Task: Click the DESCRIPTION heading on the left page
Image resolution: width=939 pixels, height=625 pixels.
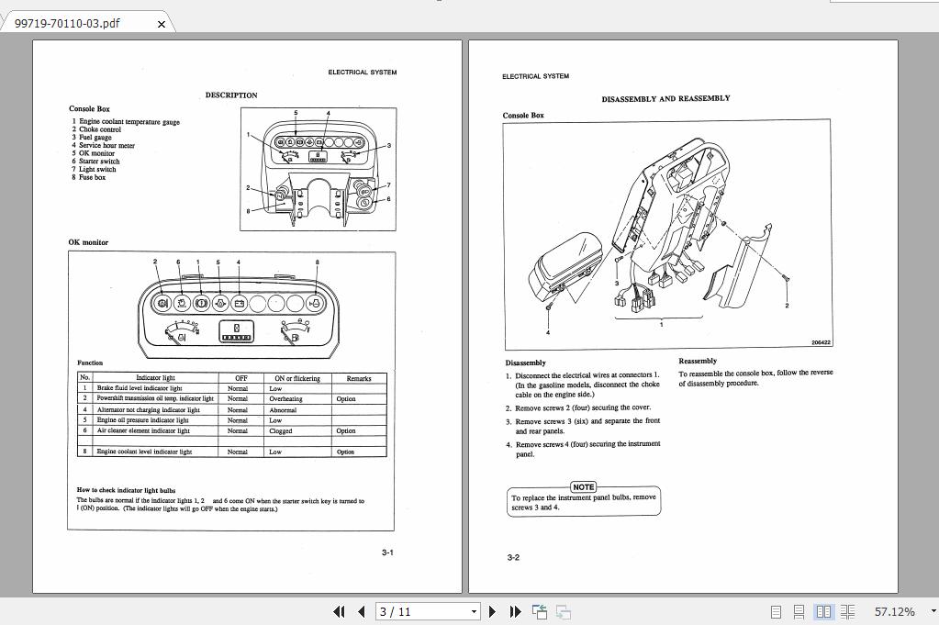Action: (231, 95)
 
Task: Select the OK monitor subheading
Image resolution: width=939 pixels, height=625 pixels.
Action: (88, 242)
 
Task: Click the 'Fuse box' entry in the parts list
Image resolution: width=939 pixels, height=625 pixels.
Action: (92, 177)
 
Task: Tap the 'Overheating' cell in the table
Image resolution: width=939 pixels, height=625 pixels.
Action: (285, 399)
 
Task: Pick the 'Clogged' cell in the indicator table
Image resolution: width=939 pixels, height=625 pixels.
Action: (281, 430)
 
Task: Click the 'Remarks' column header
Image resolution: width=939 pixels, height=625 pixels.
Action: (359, 378)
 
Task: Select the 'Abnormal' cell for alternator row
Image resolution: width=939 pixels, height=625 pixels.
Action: (283, 410)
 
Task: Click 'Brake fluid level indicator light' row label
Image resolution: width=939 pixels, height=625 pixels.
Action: (140, 388)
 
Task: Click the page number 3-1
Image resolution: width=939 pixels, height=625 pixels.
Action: (387, 552)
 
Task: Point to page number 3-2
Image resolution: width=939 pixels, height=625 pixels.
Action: (513, 557)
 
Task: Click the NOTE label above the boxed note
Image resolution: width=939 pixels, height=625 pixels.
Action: (584, 486)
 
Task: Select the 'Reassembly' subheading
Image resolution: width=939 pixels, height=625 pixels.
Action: (698, 361)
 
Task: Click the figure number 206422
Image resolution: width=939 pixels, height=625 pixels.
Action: (820, 342)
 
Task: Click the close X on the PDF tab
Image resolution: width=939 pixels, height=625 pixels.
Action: (162, 24)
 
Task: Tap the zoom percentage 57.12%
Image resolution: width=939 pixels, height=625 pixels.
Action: (894, 611)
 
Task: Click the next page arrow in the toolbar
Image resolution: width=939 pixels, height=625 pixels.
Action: (492, 611)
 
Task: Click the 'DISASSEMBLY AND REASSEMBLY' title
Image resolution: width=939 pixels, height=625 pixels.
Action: (665, 98)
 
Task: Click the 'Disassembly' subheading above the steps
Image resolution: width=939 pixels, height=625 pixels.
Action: (525, 363)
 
